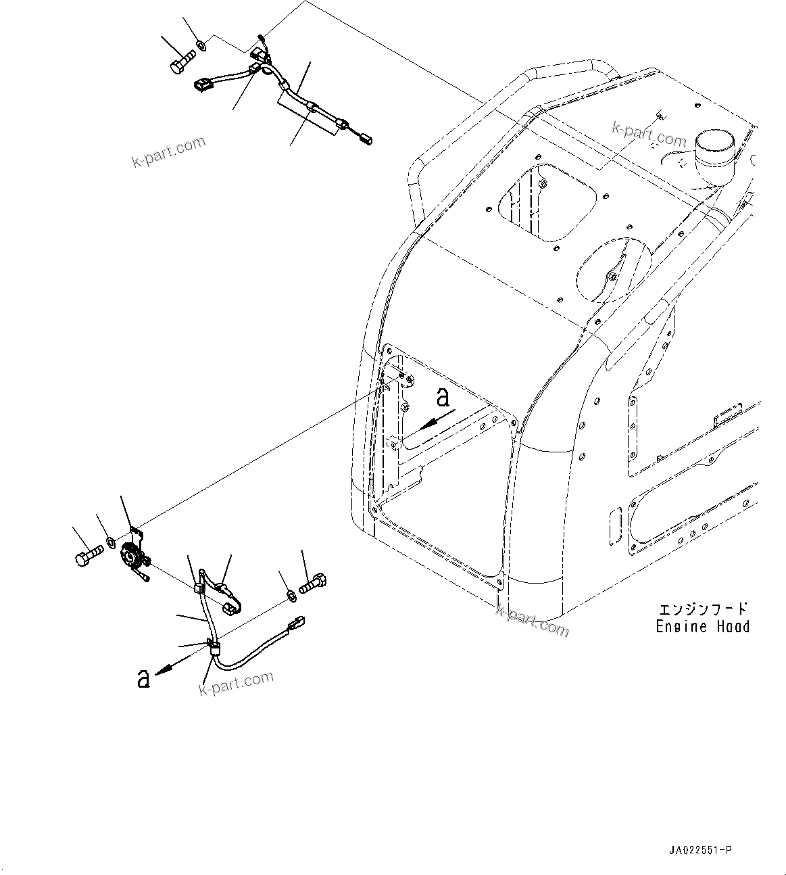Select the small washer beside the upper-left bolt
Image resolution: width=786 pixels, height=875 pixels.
201,46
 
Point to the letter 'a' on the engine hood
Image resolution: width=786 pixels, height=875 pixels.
443,398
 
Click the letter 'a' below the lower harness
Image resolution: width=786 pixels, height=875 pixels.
143,678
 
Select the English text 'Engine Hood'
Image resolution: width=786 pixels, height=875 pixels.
703,627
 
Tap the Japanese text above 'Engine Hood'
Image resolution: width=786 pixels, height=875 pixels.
703,609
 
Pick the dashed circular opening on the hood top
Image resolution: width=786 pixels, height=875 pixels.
611,270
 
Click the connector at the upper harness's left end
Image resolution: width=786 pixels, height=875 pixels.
203,85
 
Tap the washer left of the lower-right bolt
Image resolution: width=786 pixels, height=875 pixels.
291,595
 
